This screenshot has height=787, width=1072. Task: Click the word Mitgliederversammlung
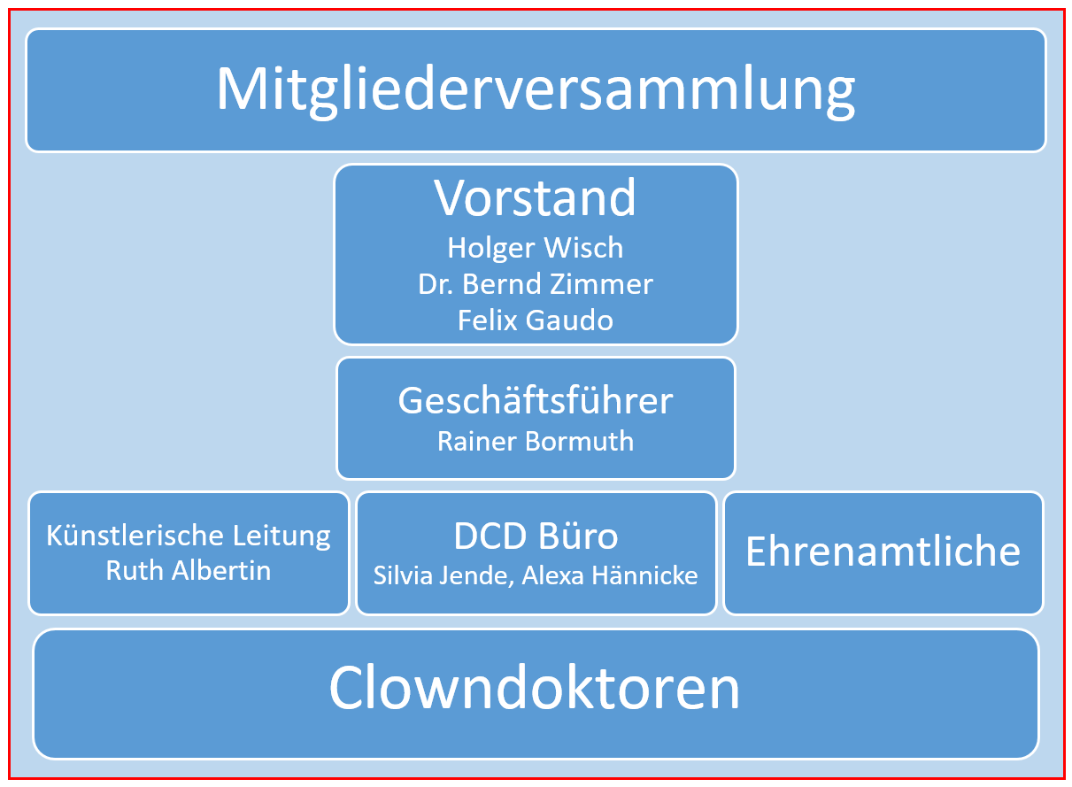(x=536, y=91)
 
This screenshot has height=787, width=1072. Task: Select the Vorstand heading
(x=535, y=197)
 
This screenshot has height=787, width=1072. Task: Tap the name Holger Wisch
(x=535, y=249)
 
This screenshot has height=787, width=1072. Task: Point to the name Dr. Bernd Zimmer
(x=536, y=284)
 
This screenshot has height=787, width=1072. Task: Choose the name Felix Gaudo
(x=536, y=320)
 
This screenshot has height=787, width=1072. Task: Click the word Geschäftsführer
(x=536, y=401)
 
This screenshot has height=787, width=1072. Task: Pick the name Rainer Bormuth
(x=536, y=441)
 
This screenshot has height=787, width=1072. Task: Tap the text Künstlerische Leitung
(x=189, y=536)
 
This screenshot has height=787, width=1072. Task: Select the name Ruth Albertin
(x=189, y=571)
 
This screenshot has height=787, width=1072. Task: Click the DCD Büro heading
(x=536, y=536)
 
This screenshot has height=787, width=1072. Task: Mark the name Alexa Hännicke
(x=610, y=575)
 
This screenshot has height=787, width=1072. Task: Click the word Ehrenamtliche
(x=883, y=551)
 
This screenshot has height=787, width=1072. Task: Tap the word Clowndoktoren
(x=535, y=688)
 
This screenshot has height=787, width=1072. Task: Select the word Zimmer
(x=602, y=284)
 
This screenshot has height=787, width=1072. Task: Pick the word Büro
(x=579, y=536)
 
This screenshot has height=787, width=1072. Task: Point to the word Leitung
(x=281, y=536)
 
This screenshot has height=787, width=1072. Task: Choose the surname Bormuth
(x=580, y=441)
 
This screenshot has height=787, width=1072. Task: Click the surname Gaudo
(x=569, y=320)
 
